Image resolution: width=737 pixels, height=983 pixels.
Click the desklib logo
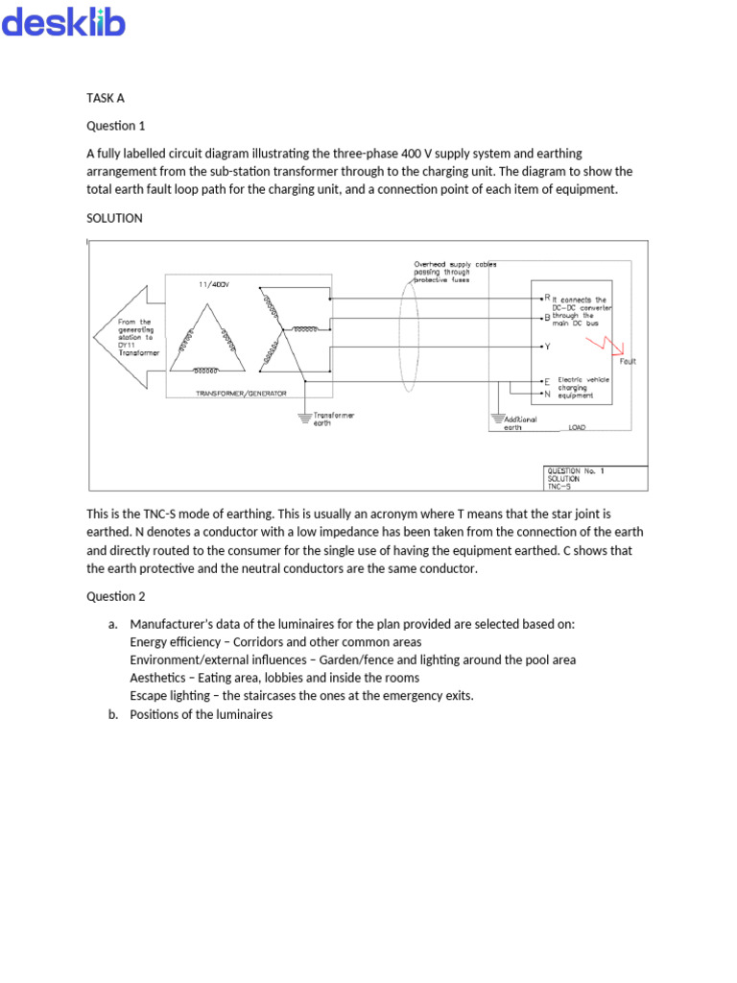pyautogui.click(x=63, y=23)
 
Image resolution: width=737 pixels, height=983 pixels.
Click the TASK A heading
pyautogui.click(x=106, y=98)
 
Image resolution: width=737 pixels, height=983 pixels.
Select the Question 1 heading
pyautogui.click(x=115, y=125)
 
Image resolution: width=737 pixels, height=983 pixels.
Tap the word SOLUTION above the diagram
pyautogui.click(x=114, y=218)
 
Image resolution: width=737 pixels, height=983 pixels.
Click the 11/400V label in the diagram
pyautogui.click(x=214, y=284)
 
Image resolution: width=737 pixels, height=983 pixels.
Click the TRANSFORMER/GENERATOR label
pyautogui.click(x=241, y=394)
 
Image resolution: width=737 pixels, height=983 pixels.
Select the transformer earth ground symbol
pyautogui.click(x=305, y=417)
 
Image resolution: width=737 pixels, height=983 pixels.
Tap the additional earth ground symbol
pyautogui.click(x=497, y=420)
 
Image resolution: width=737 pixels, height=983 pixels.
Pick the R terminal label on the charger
pyautogui.click(x=546, y=298)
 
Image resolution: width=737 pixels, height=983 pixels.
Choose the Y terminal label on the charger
pyautogui.click(x=546, y=346)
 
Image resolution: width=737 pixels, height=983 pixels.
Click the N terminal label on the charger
pyautogui.click(x=547, y=394)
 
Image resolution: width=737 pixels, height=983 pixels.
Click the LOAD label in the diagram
pyautogui.click(x=577, y=427)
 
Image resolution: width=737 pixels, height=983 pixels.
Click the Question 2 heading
pyautogui.click(x=115, y=596)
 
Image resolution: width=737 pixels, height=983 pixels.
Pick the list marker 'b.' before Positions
pyautogui.click(x=114, y=714)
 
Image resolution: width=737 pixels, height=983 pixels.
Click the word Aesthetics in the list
pyautogui.click(x=158, y=678)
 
